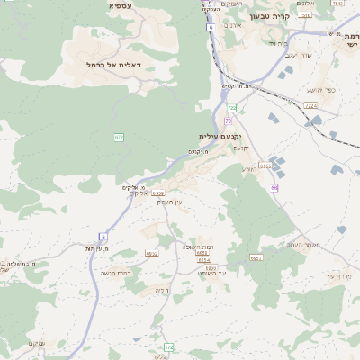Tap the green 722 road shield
(x=231, y=107)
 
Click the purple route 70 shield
(x=229, y=120)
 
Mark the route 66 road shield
(x=274, y=187)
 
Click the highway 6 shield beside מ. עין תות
(x=103, y=236)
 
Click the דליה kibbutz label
(x=161, y=290)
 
